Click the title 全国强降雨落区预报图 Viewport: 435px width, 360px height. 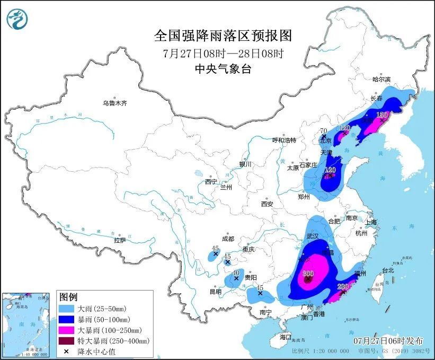click(x=223, y=36)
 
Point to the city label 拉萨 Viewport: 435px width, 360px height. click(x=120, y=240)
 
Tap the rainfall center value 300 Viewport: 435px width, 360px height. click(x=308, y=274)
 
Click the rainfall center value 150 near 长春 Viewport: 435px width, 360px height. click(x=382, y=115)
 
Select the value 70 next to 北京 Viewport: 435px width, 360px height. click(x=324, y=131)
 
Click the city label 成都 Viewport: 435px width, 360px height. click(x=228, y=239)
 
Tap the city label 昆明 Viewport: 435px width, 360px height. click(x=215, y=292)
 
